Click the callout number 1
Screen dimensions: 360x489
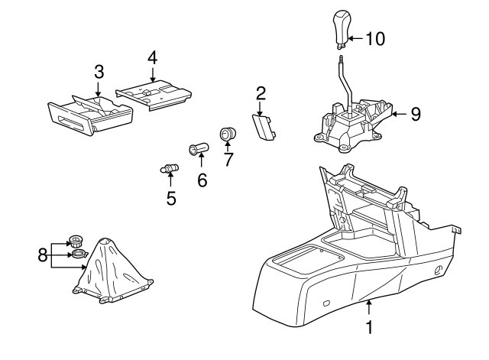click(x=370, y=329)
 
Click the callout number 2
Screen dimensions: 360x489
click(x=261, y=94)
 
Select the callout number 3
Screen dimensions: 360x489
click(x=99, y=72)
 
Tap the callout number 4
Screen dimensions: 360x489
click(x=152, y=57)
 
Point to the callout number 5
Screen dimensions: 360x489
click(x=171, y=199)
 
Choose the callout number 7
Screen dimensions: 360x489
click(x=227, y=161)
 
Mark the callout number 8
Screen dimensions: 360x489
click(x=42, y=254)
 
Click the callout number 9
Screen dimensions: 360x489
click(x=416, y=114)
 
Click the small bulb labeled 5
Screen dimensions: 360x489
click(x=168, y=168)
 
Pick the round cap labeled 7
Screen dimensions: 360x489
click(x=228, y=135)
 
